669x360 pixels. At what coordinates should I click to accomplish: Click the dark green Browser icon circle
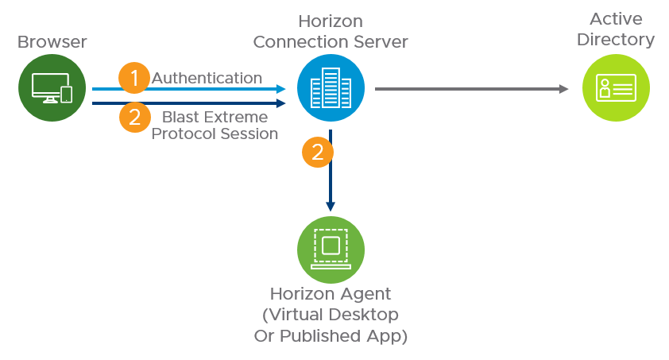52,88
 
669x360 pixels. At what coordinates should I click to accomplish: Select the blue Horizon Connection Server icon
331,88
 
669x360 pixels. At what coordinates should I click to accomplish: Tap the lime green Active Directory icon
616,88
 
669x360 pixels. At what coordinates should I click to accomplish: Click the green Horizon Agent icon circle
331,249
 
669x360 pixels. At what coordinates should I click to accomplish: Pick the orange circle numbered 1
134,78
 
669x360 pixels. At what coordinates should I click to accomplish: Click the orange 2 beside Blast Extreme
134,118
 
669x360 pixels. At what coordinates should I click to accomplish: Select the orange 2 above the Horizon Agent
318,152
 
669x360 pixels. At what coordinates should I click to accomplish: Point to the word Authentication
207,78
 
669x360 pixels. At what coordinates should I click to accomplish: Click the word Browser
52,41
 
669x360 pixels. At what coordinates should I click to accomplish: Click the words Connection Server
331,41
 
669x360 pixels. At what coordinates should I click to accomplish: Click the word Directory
616,39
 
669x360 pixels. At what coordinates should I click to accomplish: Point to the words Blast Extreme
215,117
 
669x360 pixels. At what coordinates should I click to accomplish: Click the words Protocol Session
215,134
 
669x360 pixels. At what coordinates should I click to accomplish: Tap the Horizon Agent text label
331,294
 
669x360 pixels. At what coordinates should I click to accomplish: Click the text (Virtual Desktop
331,315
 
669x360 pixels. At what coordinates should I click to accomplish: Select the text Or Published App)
331,335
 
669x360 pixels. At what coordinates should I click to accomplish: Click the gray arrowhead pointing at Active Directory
564,89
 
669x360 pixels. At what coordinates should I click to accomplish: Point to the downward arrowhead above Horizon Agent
331,207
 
